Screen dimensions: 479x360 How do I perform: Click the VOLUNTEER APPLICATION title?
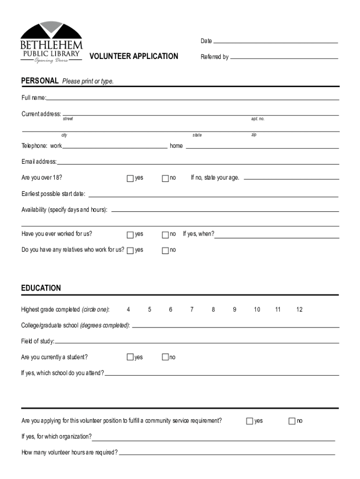pyautogui.click(x=134, y=57)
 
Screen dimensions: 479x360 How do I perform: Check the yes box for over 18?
pyautogui.click(x=130, y=178)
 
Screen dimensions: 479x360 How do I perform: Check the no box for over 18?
pyautogui.click(x=165, y=178)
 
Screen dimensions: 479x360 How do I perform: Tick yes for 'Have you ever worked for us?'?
pyautogui.click(x=130, y=234)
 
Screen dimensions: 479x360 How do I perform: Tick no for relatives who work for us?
pyautogui.click(x=165, y=250)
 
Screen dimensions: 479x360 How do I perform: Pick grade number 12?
pyautogui.click(x=299, y=310)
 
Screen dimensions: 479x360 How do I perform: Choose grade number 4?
pyautogui.click(x=128, y=310)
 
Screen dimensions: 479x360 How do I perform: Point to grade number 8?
pyautogui.click(x=213, y=310)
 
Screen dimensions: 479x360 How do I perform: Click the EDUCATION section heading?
pyautogui.click(x=41, y=288)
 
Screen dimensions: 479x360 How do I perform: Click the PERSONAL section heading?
pyautogui.click(x=40, y=81)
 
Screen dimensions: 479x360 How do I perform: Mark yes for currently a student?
pyautogui.click(x=130, y=357)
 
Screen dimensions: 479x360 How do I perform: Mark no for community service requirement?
pyautogui.click(x=292, y=421)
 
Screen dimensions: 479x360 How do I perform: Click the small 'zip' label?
pyautogui.click(x=253, y=135)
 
